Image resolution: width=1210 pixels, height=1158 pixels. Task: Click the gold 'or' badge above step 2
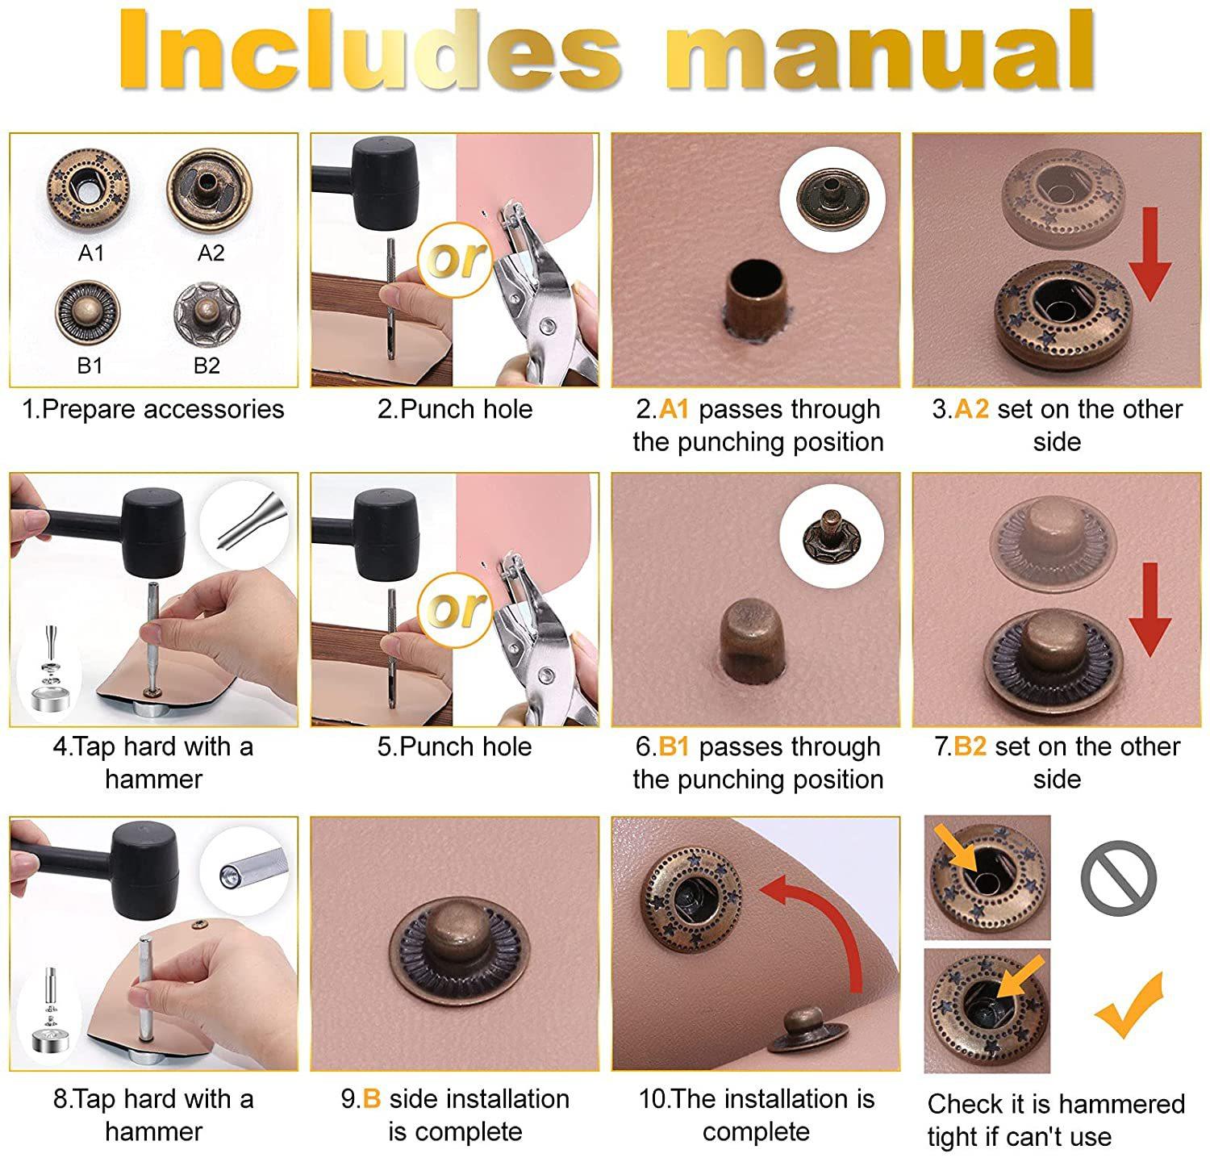[456, 260]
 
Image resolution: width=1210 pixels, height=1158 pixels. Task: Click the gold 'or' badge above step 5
[456, 609]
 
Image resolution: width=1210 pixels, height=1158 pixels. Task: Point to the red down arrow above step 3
[1149, 253]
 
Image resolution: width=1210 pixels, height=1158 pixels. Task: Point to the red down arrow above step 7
[1149, 609]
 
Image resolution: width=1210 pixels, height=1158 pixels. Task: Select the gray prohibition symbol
[1119, 878]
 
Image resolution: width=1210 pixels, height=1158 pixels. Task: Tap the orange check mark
[1129, 1005]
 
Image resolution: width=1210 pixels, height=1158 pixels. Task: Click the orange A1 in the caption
[674, 409]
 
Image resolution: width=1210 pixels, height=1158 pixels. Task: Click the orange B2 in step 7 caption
[970, 746]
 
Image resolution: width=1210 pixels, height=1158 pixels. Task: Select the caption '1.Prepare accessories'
[153, 409]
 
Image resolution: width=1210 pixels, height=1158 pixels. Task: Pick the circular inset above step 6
[832, 535]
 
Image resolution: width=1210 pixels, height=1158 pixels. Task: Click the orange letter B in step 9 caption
[371, 1098]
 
